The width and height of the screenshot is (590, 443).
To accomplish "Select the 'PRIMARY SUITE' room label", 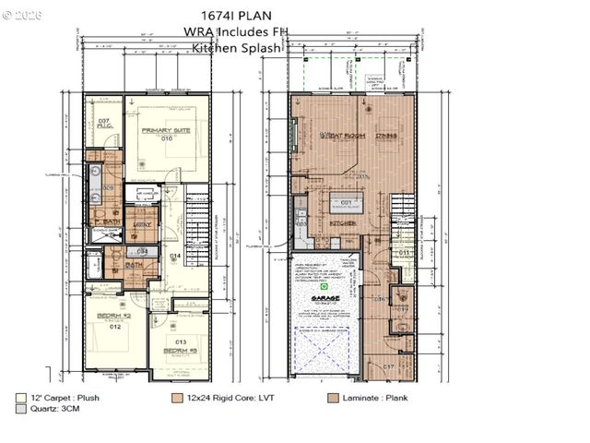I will [x=164, y=131].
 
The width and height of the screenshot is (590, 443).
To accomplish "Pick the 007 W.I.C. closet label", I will [x=104, y=123].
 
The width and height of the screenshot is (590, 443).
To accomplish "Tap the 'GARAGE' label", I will [x=324, y=299].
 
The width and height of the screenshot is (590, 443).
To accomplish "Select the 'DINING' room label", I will [x=386, y=136].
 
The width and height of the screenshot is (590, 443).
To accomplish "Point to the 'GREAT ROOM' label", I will [x=343, y=136].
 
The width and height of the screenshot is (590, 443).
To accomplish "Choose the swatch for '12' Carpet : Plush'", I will [x=21, y=398].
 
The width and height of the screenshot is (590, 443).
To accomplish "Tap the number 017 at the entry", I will [x=388, y=367].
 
